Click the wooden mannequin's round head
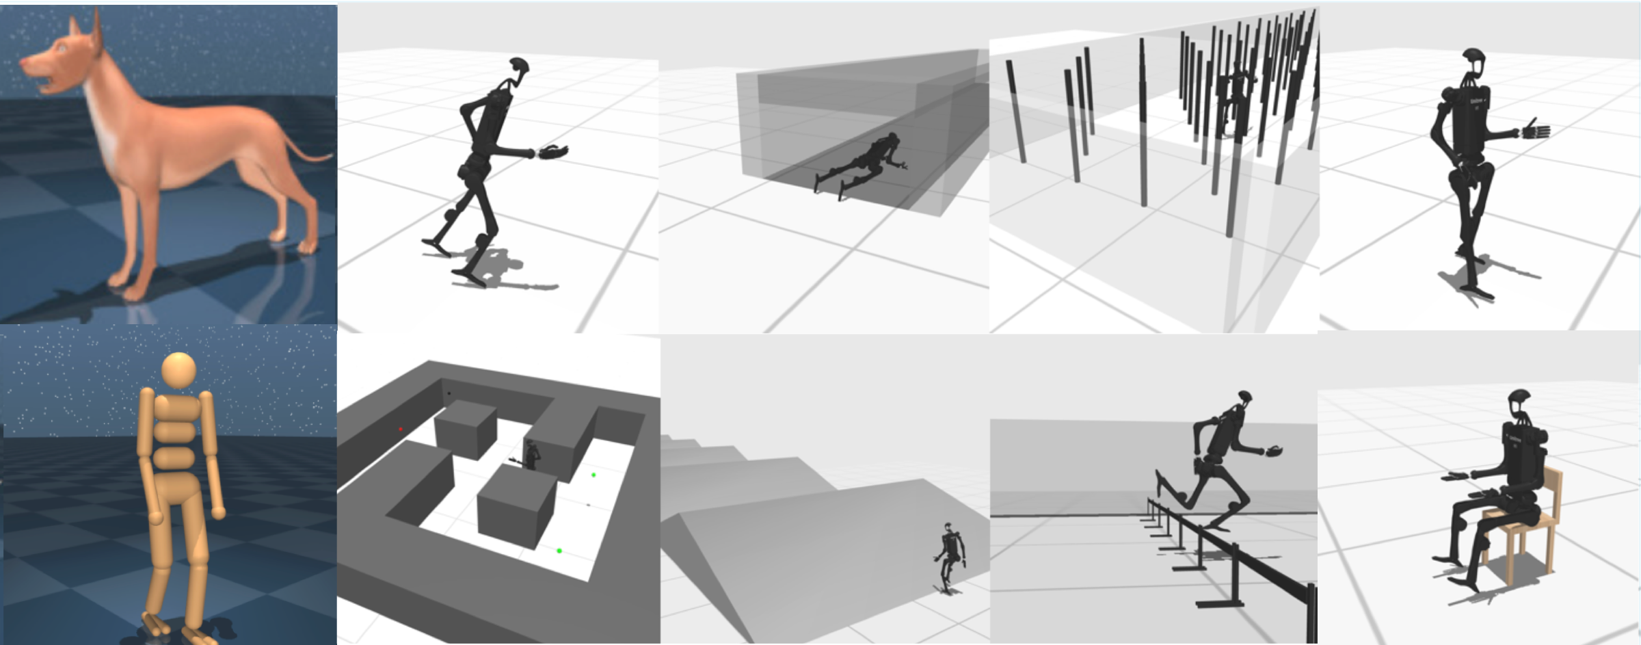tap(178, 370)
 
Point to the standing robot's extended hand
tap(1536, 130)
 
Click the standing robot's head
tap(1473, 58)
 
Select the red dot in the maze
tap(401, 430)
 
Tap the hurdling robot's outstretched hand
tap(1273, 451)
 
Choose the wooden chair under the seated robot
tap(1532, 527)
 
